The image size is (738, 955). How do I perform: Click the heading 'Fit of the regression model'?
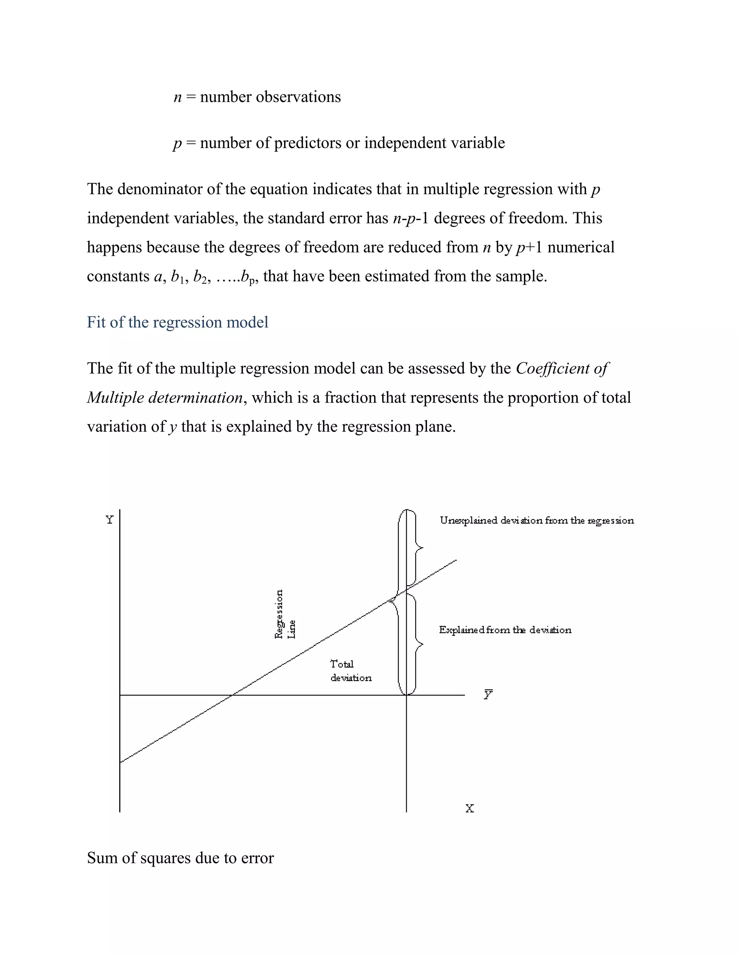click(x=178, y=322)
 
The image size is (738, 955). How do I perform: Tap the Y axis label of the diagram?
click(x=109, y=520)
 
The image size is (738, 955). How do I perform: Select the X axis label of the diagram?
click(x=470, y=808)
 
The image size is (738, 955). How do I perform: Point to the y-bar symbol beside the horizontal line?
click(x=488, y=694)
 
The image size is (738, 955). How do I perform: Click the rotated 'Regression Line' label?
click(x=285, y=614)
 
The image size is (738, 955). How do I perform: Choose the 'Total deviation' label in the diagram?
click(x=351, y=671)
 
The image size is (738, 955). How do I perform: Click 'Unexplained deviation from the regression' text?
click(x=537, y=520)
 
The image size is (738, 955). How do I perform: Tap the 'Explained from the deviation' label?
click(x=505, y=630)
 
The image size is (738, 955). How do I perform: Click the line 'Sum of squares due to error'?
click(x=180, y=858)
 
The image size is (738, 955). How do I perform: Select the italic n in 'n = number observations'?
click(x=178, y=97)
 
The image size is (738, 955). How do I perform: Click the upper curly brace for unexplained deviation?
click(x=418, y=547)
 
